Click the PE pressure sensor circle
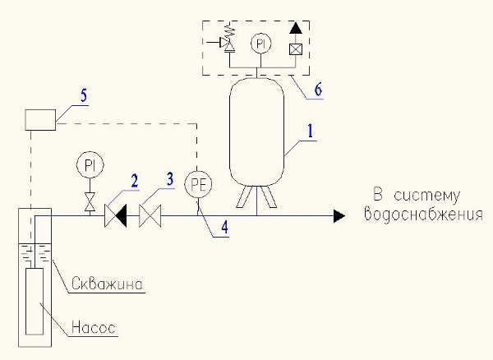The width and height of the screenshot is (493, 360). tap(197, 182)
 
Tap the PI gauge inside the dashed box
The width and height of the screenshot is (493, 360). tap(260, 41)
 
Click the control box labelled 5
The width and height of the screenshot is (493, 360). tap(39, 120)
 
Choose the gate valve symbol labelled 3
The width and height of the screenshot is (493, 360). tap(150, 215)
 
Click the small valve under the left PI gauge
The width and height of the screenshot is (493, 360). tap(90, 199)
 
